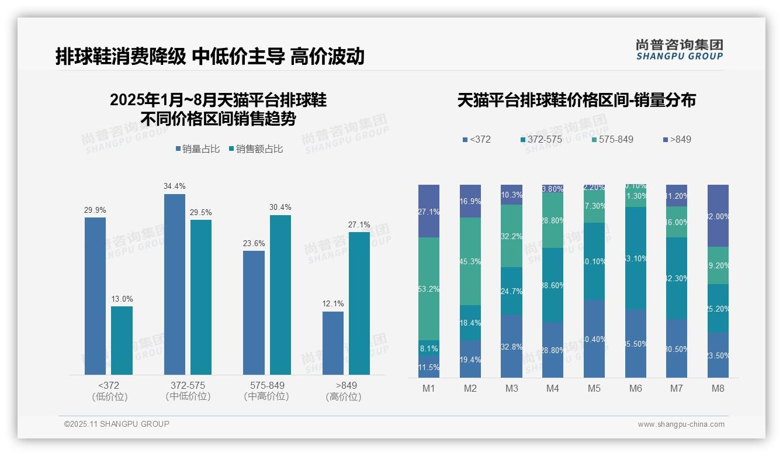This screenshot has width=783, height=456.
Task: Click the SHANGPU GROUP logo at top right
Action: (679, 50)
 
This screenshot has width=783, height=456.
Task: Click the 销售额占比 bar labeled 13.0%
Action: (122, 340)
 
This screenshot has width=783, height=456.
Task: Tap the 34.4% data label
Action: (175, 186)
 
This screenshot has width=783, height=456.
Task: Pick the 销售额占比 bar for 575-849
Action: (280, 295)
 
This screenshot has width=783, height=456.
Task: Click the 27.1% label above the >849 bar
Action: (359, 224)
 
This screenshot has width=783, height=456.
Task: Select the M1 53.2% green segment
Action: (428, 289)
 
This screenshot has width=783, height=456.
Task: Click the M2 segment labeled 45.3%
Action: (470, 261)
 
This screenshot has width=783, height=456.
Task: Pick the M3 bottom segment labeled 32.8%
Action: (511, 346)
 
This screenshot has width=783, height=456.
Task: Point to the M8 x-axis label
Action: (718, 388)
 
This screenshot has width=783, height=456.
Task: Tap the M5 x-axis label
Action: (594, 388)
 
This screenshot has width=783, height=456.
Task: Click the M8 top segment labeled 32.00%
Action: (718, 216)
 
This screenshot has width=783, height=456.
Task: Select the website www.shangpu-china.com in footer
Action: (681, 424)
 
